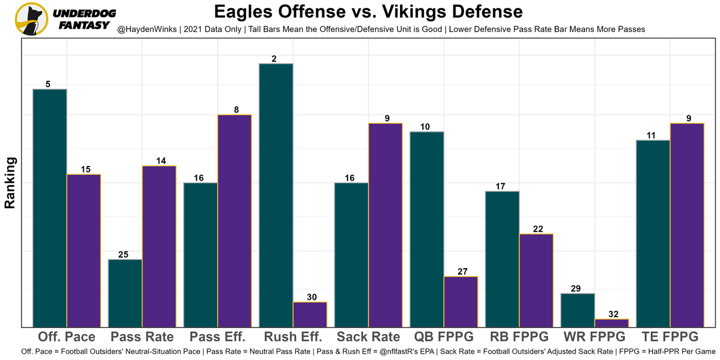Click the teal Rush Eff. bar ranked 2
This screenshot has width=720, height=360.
pyautogui.click(x=276, y=195)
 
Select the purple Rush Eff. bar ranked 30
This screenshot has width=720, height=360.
pyautogui.click(x=310, y=314)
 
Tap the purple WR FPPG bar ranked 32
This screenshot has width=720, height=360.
pyautogui.click(x=611, y=323)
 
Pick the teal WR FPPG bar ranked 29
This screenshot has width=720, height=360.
pyautogui.click(x=578, y=310)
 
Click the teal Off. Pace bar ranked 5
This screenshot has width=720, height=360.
pyautogui.click(x=50, y=208)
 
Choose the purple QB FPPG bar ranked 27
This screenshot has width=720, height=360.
pyautogui.click(x=461, y=301)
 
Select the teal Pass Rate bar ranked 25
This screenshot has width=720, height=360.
pyautogui.click(x=125, y=293)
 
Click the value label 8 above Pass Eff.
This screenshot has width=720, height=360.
pyautogui.click(x=236, y=110)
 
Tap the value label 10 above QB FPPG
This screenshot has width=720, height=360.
pyautogui.click(x=425, y=127)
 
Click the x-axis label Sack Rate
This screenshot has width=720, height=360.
pyautogui.click(x=368, y=337)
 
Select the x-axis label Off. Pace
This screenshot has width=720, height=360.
pyautogui.click(x=66, y=337)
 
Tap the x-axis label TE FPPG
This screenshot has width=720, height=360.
pyautogui.click(x=670, y=337)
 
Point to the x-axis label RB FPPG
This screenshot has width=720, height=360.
pyautogui.click(x=519, y=337)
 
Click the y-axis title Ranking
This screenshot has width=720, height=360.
pyautogui.click(x=10, y=183)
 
